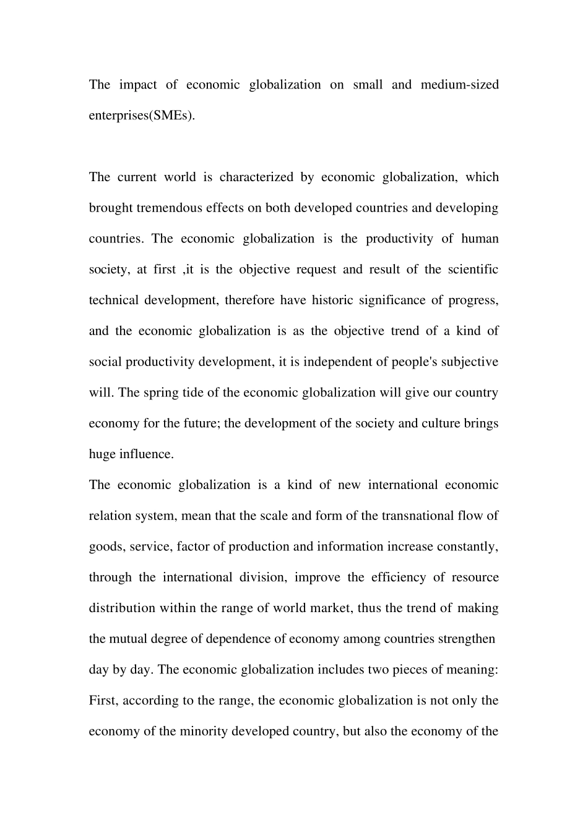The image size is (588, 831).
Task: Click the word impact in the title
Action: (138, 85)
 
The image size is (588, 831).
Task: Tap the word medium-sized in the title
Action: (459, 85)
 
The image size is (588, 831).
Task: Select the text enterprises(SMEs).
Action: (142, 116)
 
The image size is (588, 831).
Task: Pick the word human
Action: (480, 239)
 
